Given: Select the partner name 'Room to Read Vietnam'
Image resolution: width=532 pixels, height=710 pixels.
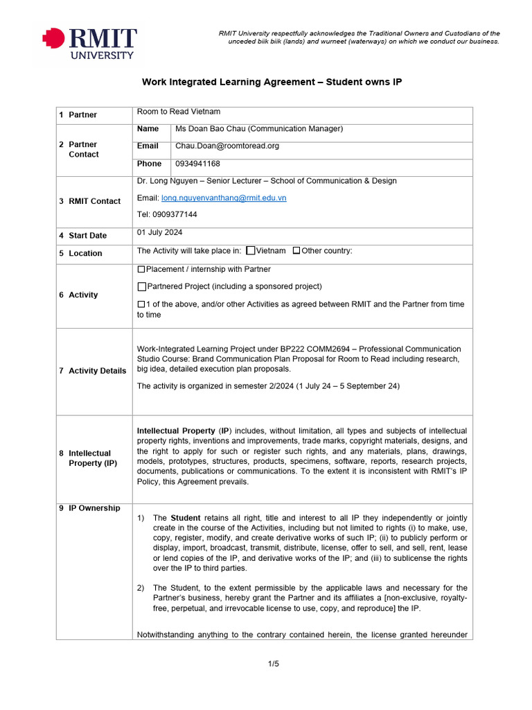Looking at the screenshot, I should tap(179, 112).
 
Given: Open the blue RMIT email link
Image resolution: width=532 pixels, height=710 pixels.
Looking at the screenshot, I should tap(224, 198).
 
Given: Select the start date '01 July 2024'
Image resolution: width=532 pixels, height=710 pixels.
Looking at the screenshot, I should tap(160, 233).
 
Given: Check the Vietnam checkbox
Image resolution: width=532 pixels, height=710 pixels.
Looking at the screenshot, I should tap(251, 251).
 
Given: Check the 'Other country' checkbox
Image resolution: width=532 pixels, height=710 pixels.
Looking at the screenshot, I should tap(296, 251).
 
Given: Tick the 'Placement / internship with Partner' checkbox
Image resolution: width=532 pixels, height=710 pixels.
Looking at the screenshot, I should tap(141, 269).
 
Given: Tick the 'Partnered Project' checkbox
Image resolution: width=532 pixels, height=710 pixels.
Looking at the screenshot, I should tap(141, 286).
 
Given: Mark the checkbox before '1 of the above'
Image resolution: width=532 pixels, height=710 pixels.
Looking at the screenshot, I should tap(141, 304).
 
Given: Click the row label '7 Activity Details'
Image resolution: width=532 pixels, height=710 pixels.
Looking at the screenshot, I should tap(92, 371).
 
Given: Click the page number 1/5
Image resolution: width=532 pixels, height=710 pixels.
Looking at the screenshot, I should tap(274, 664).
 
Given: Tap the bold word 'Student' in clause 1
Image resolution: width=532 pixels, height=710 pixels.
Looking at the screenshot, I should tap(186, 518).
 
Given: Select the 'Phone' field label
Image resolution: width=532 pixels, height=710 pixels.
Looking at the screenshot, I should tap(149, 164).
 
